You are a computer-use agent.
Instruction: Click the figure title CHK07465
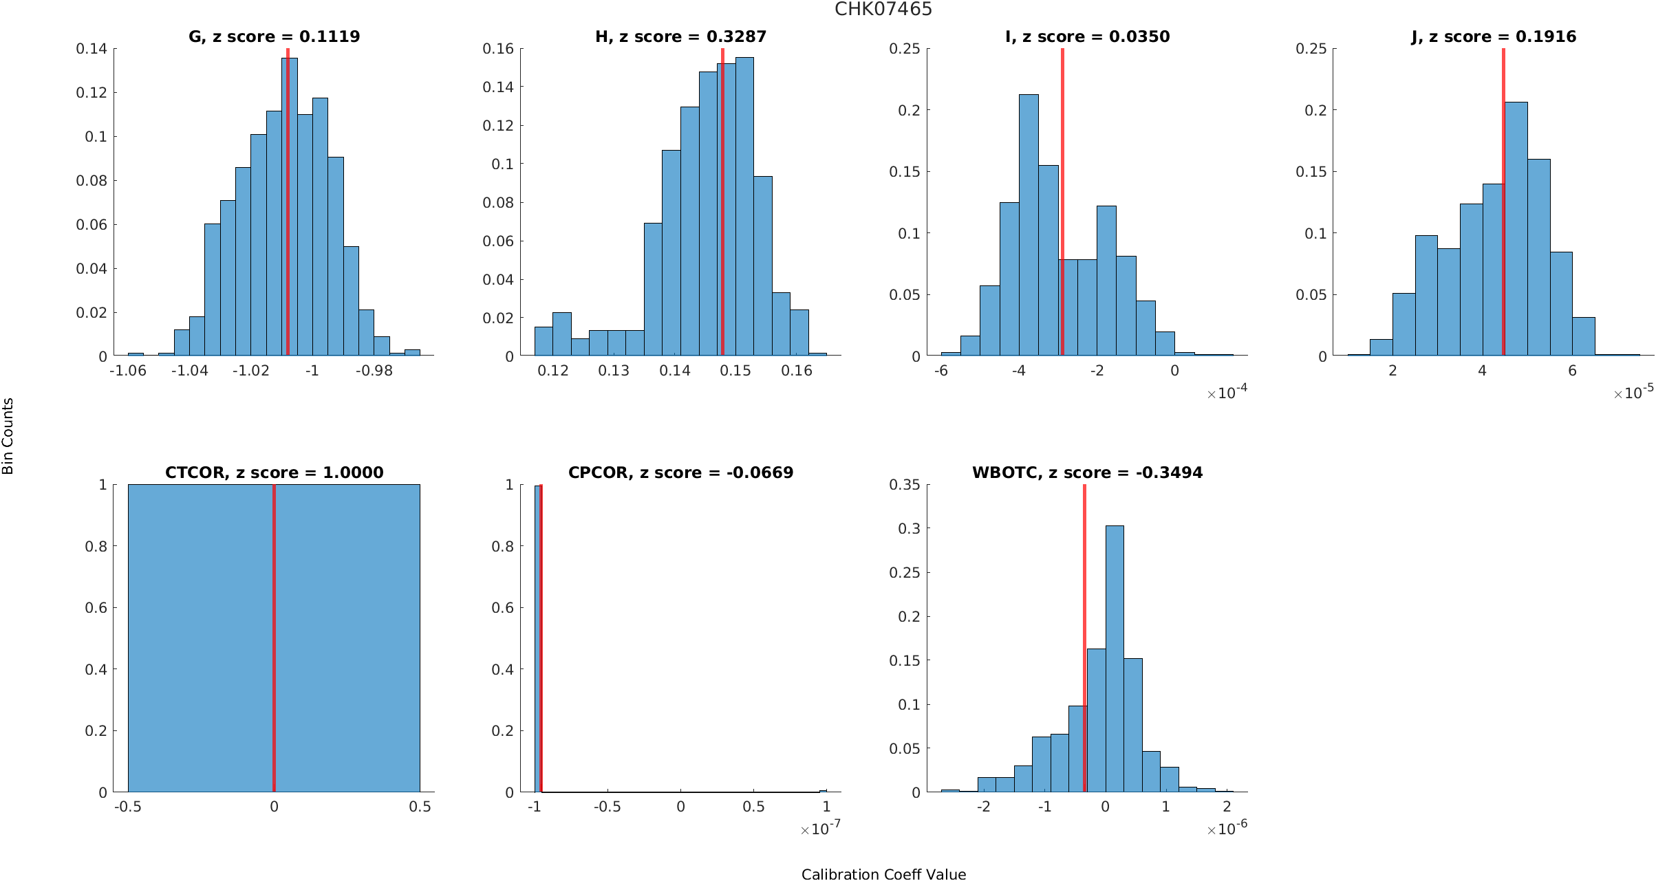tap(883, 9)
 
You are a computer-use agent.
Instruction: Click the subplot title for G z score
tap(274, 36)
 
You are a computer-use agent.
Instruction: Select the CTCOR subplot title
tap(274, 472)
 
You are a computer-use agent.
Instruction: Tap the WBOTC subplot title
tap(1087, 472)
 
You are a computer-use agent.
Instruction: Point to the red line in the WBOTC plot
tap(1084, 619)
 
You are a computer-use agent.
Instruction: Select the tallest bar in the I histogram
tap(1029, 227)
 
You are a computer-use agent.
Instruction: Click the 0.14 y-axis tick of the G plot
tap(92, 49)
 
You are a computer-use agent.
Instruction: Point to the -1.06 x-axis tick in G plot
tap(128, 371)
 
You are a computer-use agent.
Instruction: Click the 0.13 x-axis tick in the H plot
tap(614, 371)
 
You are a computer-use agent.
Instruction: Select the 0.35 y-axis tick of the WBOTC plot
tap(904, 485)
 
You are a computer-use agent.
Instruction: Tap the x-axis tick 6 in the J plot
tap(1572, 371)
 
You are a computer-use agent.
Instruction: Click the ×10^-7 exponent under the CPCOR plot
tap(820, 829)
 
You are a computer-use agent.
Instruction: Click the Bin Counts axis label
tap(8, 436)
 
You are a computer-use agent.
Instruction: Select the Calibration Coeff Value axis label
tap(883, 874)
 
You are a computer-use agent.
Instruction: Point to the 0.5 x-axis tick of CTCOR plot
tap(420, 807)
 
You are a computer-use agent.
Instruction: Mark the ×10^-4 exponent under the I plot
tap(1227, 393)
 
